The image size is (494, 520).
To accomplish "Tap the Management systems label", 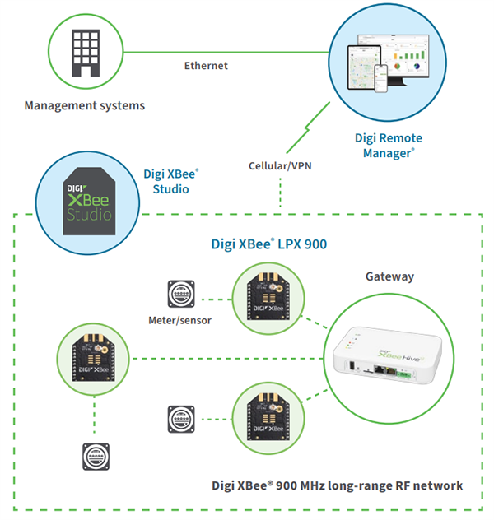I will point(84,106).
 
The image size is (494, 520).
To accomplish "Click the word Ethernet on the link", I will point(206,66).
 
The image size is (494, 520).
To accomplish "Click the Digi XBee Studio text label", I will point(171,181).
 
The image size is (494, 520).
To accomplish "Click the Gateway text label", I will point(389,276).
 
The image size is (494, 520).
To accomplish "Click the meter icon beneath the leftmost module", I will point(94,455).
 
